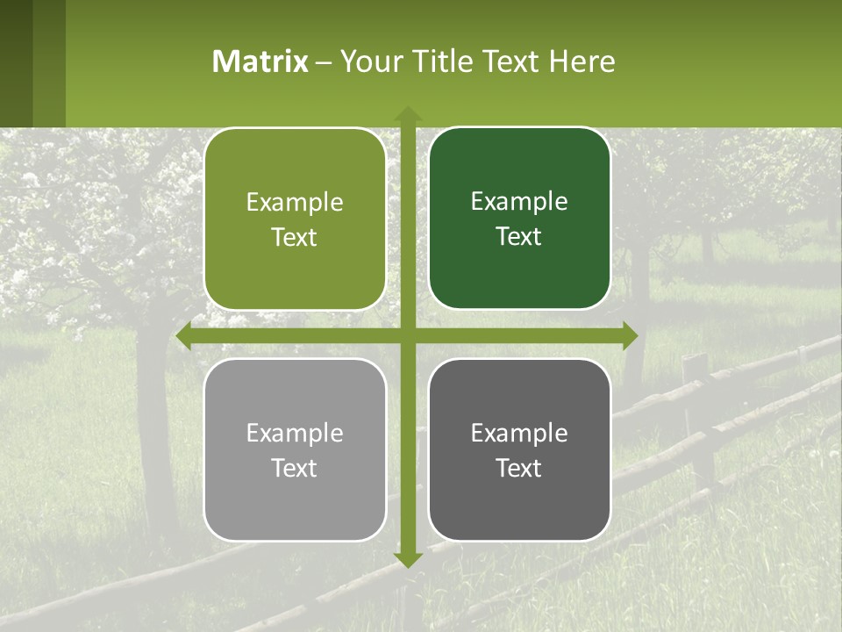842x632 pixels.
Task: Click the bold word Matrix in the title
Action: (260, 61)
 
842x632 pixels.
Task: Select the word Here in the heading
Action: (582, 61)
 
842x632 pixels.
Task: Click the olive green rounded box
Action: (295, 219)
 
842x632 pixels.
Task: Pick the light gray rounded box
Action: (295, 449)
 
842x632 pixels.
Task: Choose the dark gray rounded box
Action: (519, 449)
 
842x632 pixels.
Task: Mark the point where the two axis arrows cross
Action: (407, 335)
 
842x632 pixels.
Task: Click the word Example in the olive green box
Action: (295, 203)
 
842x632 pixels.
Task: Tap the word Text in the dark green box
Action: (519, 236)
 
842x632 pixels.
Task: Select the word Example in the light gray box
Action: (295, 433)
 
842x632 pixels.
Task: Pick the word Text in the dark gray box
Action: (519, 468)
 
